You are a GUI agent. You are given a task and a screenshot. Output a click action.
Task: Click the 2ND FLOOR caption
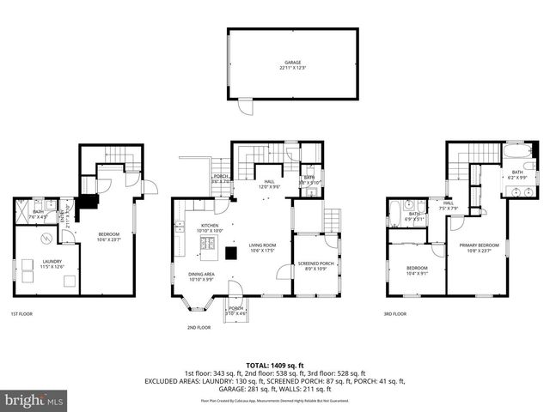(x=199, y=327)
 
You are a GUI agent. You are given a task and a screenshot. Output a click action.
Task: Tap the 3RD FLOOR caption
(x=394, y=314)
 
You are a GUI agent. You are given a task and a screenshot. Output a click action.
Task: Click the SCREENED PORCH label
(x=315, y=264)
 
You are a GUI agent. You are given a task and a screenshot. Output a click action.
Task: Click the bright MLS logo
(x=34, y=400)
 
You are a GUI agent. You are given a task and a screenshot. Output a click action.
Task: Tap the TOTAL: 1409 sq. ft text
(x=274, y=364)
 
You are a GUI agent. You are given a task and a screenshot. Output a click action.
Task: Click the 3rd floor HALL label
(x=449, y=203)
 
